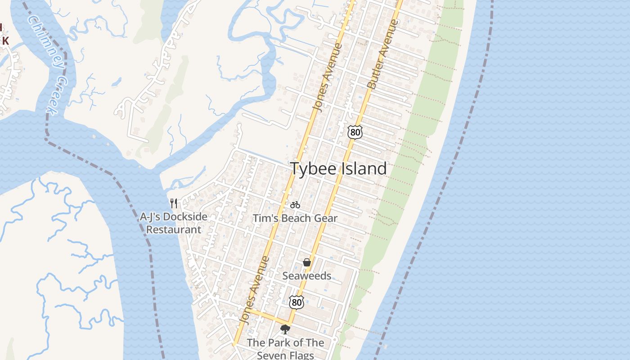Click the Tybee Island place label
[x=338, y=169]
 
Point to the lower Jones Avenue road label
[x=254, y=290]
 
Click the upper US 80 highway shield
[x=355, y=132]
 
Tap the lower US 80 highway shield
[x=296, y=302]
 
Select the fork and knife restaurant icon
[x=174, y=203]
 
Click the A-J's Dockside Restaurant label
[x=174, y=223]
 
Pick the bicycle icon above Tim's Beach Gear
[x=295, y=205]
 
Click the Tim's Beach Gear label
[x=295, y=218]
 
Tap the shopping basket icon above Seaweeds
[x=307, y=262]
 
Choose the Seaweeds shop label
[x=307, y=276]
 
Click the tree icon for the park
[x=285, y=330]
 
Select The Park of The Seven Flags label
[x=285, y=349]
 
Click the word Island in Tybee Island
[x=364, y=169]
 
